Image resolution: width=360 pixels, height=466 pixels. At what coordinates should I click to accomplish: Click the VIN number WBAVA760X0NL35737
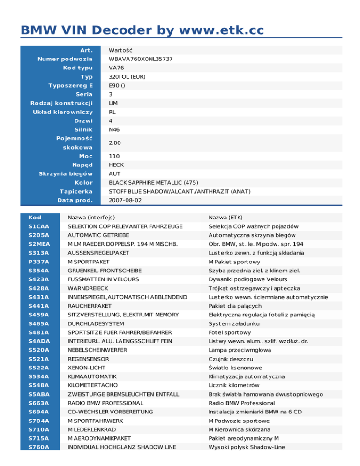click(141, 59)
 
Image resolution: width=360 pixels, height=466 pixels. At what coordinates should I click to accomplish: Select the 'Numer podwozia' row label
click(65, 59)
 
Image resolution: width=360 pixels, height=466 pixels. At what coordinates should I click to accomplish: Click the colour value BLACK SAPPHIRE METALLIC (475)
click(153, 182)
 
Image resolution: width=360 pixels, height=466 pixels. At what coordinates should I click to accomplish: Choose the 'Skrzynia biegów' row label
click(66, 174)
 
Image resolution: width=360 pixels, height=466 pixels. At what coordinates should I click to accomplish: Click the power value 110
click(114, 156)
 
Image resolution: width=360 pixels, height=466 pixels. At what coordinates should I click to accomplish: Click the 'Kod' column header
click(34, 218)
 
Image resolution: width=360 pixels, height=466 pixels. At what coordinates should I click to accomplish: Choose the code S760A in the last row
click(38, 447)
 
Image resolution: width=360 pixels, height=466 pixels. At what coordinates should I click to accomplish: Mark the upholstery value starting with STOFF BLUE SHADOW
click(180, 191)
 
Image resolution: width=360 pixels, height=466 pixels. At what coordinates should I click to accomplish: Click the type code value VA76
click(116, 68)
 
